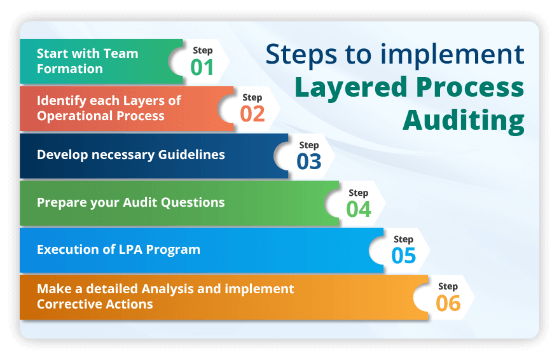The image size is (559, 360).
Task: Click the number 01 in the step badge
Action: click(x=202, y=67)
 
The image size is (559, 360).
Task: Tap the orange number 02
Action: click(x=252, y=113)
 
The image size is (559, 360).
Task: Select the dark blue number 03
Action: click(x=309, y=162)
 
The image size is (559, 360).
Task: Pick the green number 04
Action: click(x=359, y=209)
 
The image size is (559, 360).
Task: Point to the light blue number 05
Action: click(x=403, y=256)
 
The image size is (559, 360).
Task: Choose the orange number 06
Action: click(x=448, y=303)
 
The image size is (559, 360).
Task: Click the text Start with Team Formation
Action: click(x=87, y=61)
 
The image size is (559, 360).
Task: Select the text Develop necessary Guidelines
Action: click(x=130, y=155)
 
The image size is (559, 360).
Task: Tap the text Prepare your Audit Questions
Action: click(x=130, y=202)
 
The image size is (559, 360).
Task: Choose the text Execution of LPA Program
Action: click(x=118, y=249)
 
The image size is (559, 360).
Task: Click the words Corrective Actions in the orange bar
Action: click(x=95, y=303)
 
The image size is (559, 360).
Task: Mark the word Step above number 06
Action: click(x=448, y=286)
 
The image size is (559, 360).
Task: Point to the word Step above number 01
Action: click(x=202, y=50)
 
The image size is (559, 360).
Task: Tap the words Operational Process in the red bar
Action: click(x=100, y=116)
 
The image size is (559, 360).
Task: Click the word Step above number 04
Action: click(x=358, y=193)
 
